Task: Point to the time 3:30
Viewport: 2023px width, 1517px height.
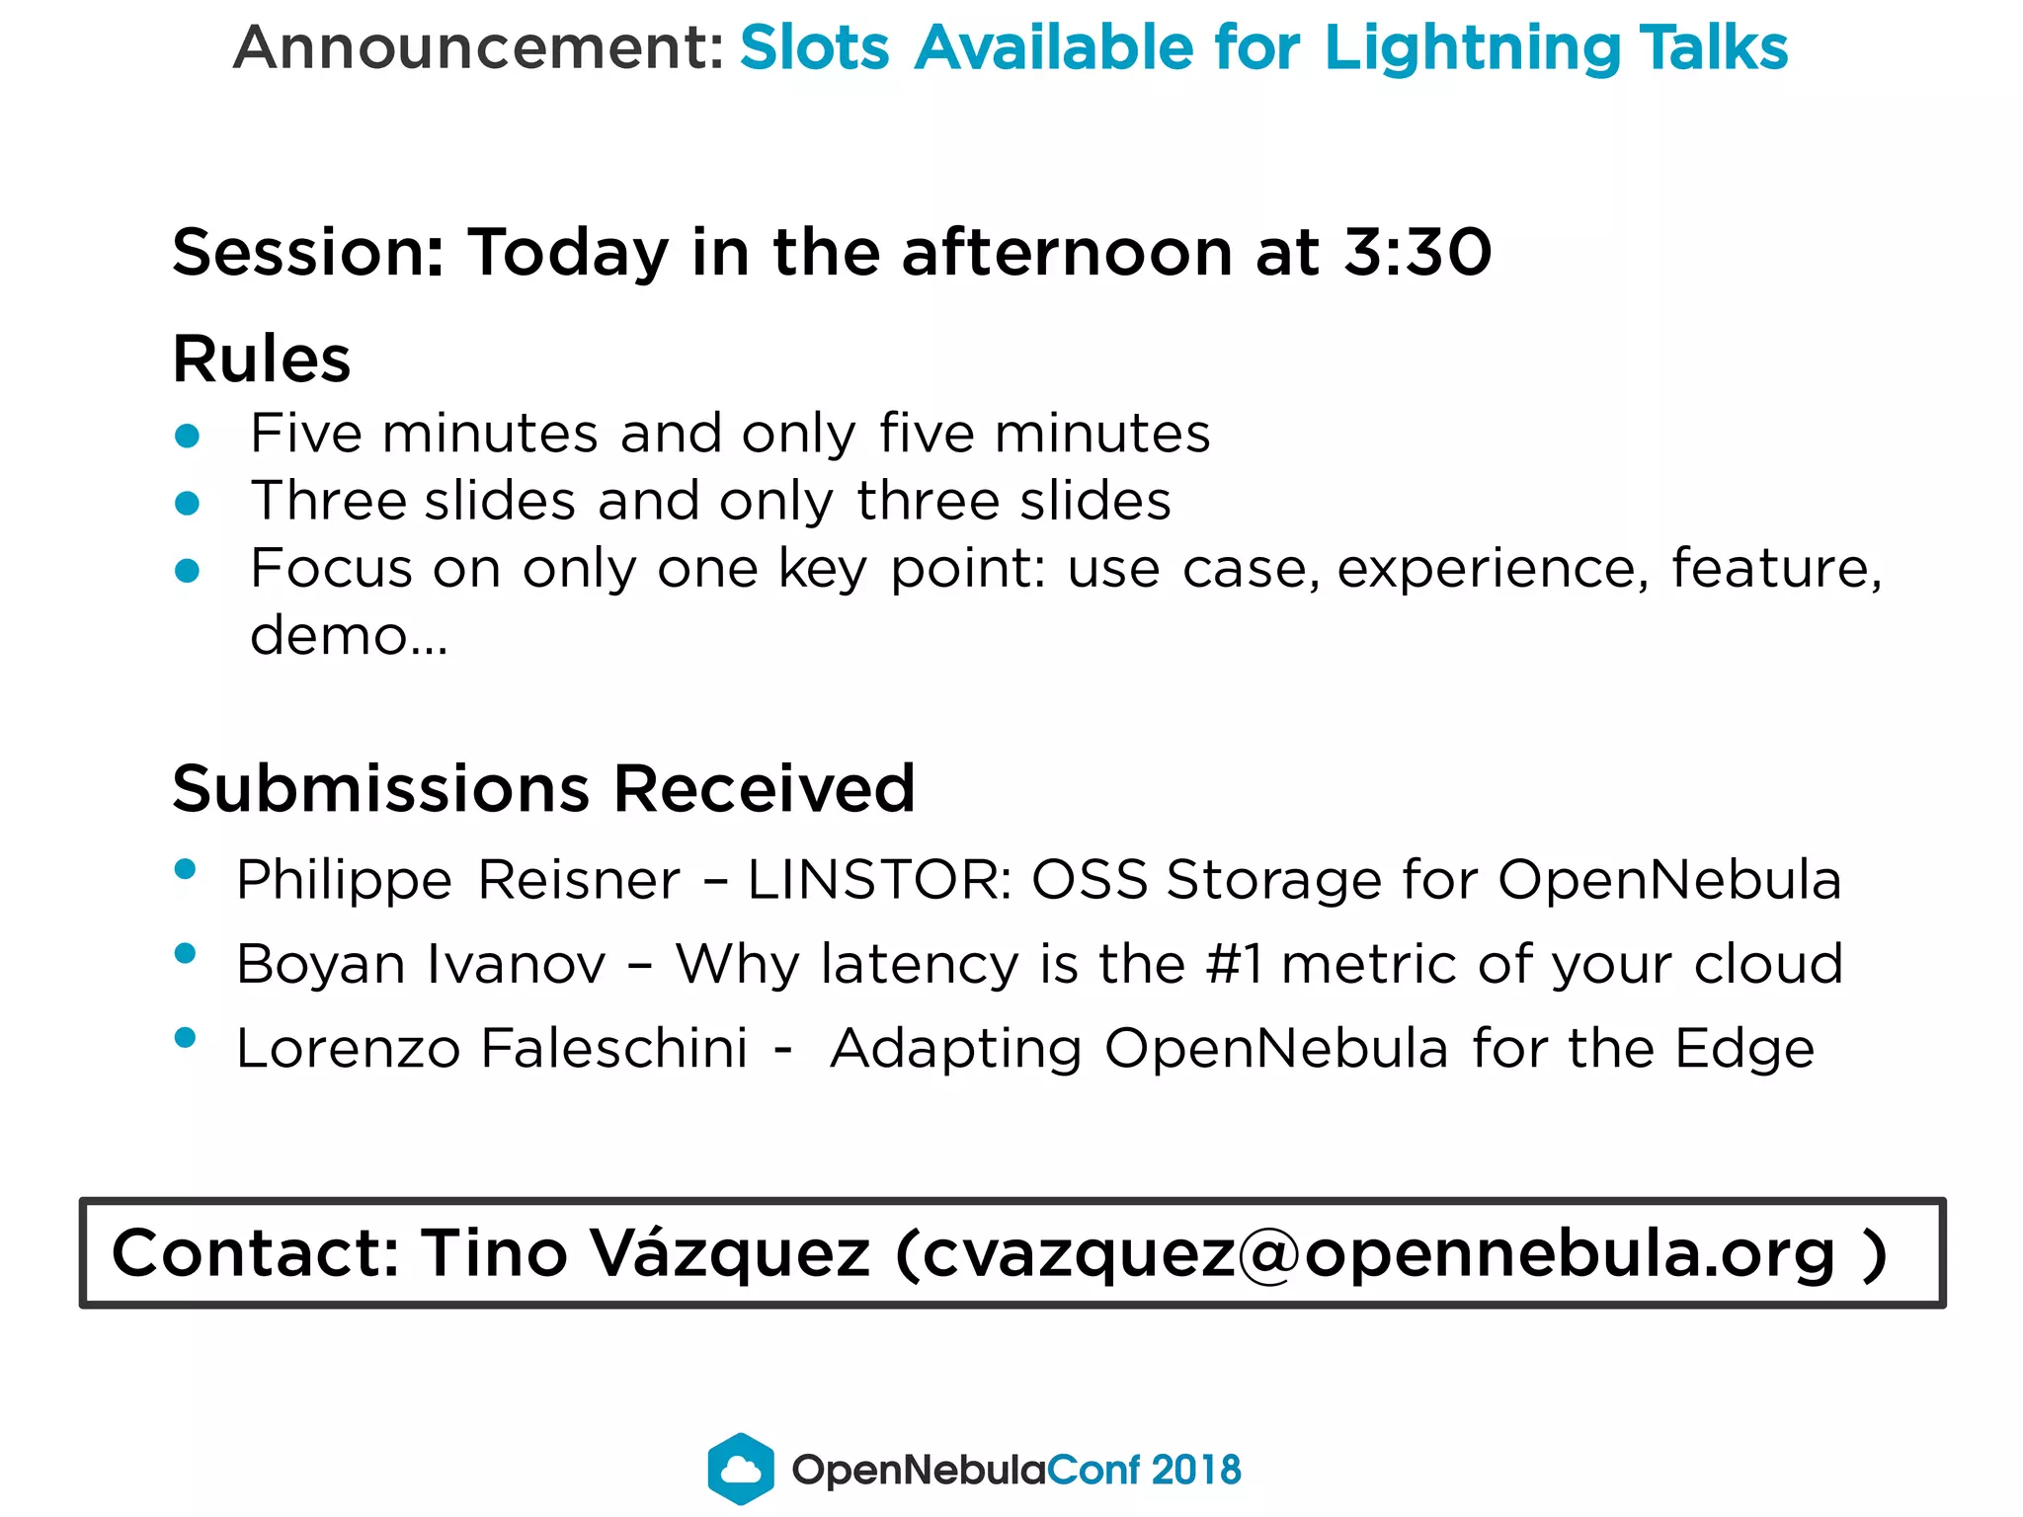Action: tap(1418, 252)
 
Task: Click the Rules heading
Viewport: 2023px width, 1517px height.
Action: tap(262, 359)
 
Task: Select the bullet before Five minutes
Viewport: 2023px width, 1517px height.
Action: tap(187, 436)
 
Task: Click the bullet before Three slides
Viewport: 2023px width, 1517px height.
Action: tap(187, 504)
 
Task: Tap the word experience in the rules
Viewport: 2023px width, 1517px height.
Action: tap(1492, 570)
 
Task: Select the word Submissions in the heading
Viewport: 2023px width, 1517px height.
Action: tap(380, 789)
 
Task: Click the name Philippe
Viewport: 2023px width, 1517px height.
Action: tap(344, 880)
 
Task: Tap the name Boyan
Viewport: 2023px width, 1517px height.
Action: tap(321, 964)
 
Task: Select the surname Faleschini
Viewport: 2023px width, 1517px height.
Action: tap(614, 1048)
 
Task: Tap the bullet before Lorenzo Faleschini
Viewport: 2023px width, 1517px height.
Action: tap(185, 1037)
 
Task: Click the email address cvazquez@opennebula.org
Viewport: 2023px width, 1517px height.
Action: tap(1378, 1254)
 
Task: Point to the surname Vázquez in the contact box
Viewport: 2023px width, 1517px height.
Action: tap(730, 1254)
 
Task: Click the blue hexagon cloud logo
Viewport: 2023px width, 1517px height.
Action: tap(741, 1469)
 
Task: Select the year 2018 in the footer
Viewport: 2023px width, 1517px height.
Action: tap(1195, 1470)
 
